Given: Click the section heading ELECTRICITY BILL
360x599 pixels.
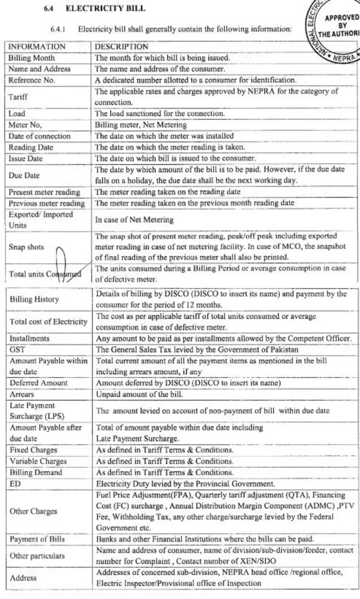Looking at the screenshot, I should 105,8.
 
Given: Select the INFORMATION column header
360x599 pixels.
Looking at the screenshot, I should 37,47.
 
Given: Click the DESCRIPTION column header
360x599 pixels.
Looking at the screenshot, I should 121,47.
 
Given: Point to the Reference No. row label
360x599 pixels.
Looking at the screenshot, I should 32,80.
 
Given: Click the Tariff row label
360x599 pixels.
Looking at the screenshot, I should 18,97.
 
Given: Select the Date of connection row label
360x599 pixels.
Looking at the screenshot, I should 39,136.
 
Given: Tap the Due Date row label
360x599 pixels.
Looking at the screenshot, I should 24,175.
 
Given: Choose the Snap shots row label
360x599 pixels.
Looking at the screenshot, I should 26,247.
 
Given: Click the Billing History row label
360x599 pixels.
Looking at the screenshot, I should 34,300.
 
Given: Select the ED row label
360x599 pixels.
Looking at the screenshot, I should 15,484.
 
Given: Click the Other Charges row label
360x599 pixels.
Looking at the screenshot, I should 33,511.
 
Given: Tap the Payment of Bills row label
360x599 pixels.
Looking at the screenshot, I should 37,539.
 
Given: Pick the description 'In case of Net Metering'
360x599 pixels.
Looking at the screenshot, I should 134,219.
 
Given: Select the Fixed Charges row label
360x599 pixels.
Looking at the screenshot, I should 33,450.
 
